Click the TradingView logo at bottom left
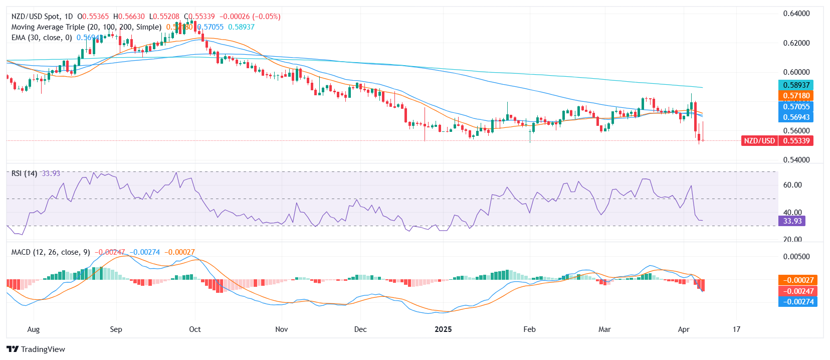[36, 349]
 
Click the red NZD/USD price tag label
[759, 141]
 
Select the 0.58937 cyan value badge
[796, 85]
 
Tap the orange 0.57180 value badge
[796, 96]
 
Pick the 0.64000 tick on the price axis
[796, 14]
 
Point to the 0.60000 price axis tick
[796, 72]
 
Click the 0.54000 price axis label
[796, 160]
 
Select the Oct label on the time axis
[195, 329]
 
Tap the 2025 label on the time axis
[443, 329]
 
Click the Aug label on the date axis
[33, 329]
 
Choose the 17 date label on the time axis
[736, 329]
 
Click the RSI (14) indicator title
[24, 173]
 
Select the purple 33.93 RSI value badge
[792, 221]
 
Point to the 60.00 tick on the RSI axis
[792, 185]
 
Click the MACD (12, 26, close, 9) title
[51, 252]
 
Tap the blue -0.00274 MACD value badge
[797, 302]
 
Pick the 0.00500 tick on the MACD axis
[796, 257]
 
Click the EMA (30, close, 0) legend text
[42, 38]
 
